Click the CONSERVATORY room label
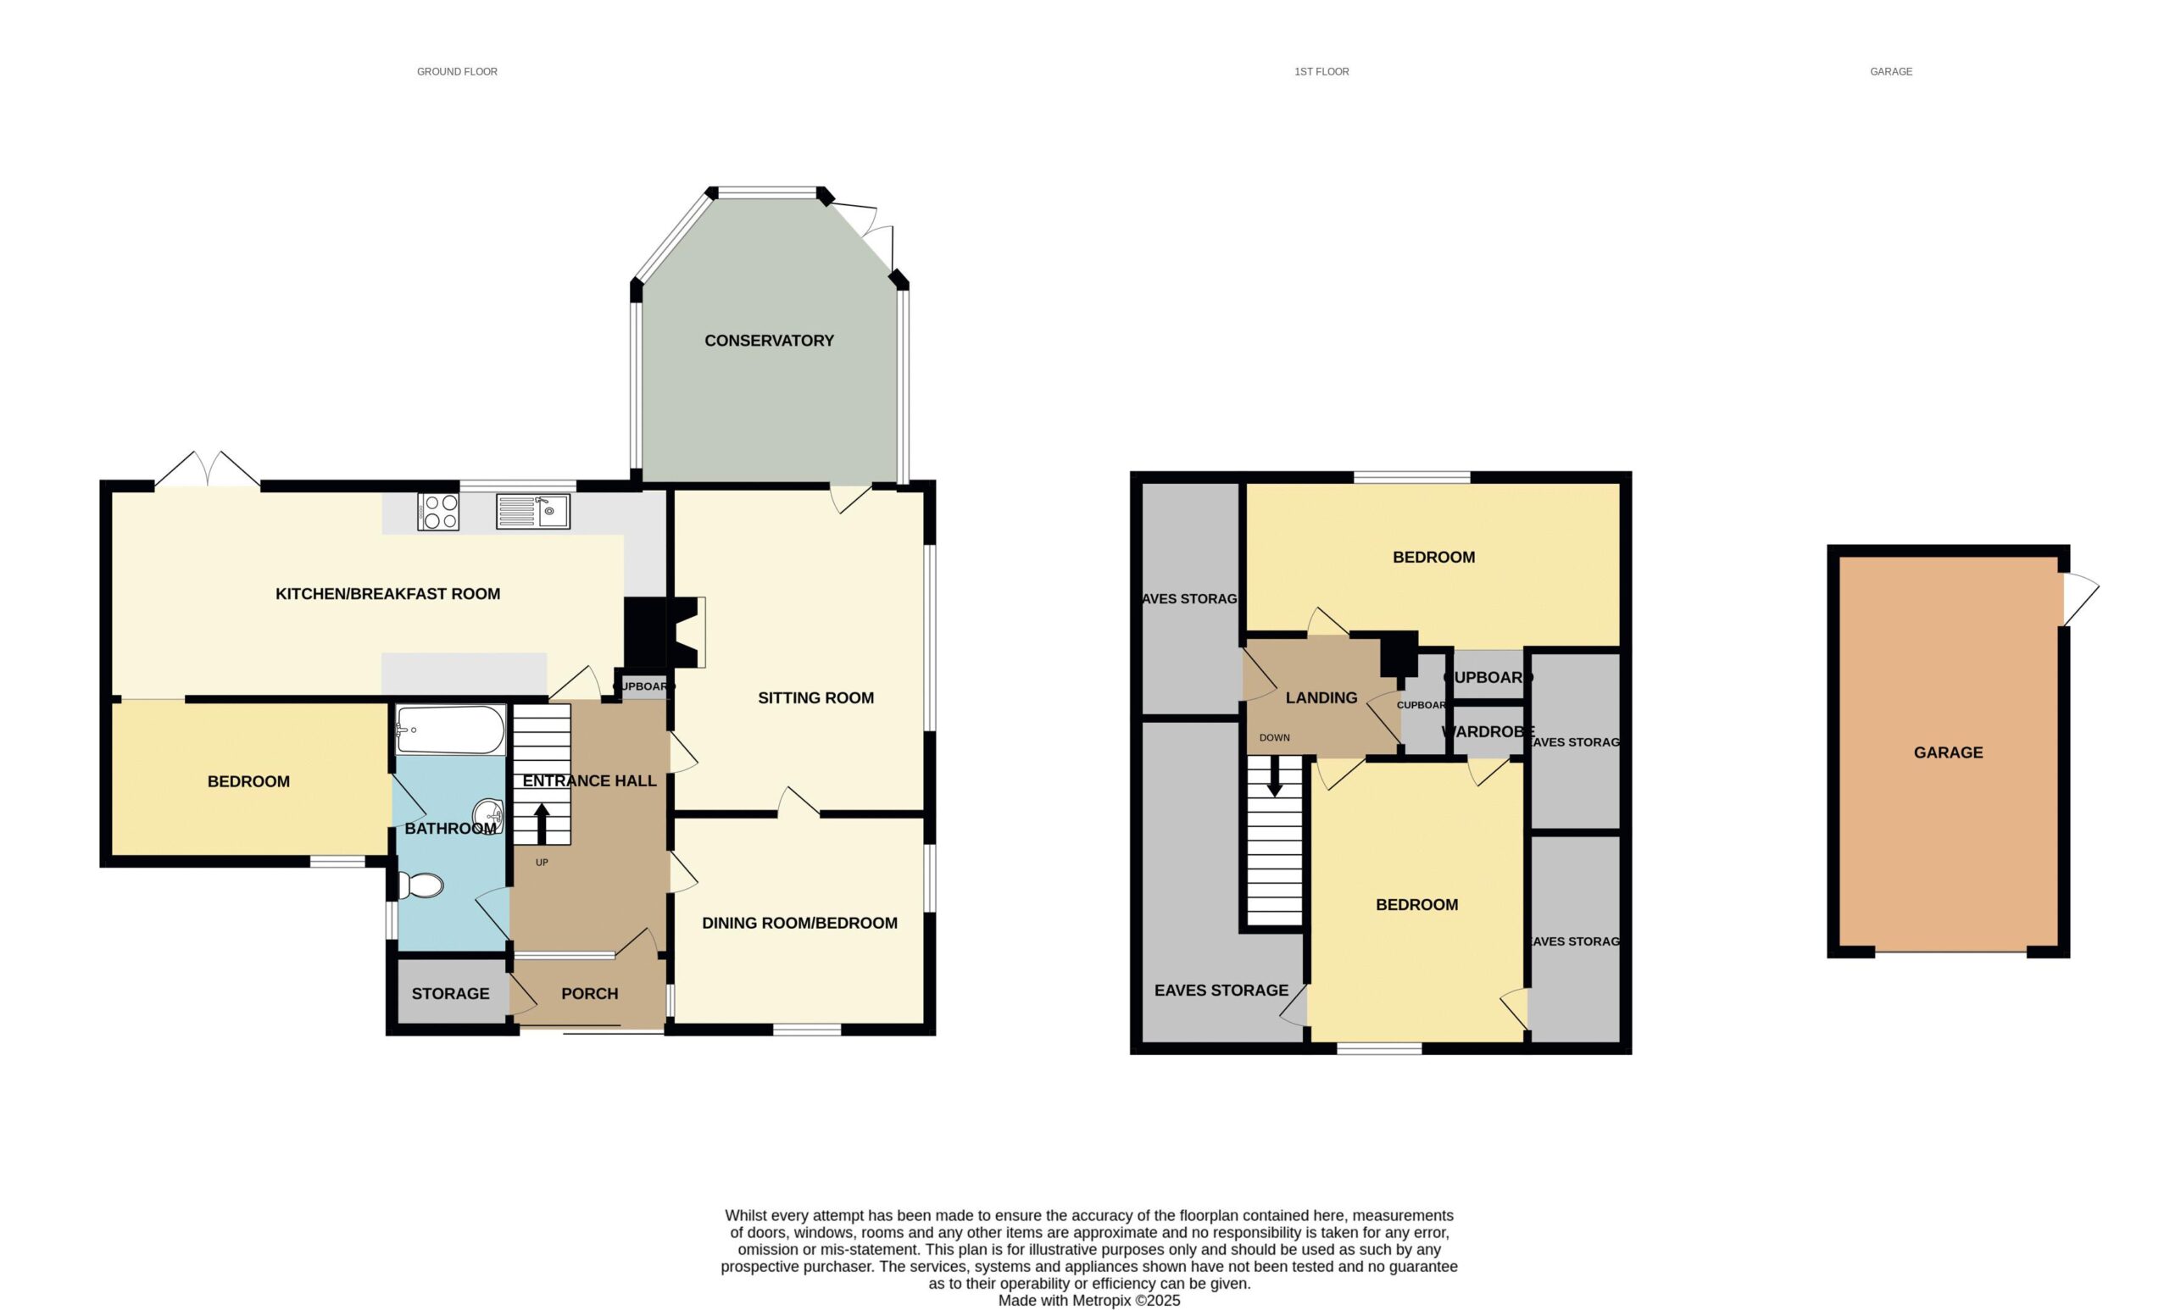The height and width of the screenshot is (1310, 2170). click(x=769, y=341)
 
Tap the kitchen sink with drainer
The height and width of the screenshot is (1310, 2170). click(x=533, y=512)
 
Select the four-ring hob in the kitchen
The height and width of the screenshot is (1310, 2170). click(x=438, y=512)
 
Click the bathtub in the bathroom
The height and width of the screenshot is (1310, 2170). click(x=451, y=730)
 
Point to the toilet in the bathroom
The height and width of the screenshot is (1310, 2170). click(x=420, y=885)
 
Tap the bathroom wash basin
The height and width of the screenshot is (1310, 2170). click(x=489, y=815)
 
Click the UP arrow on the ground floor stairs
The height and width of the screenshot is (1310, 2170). click(x=542, y=824)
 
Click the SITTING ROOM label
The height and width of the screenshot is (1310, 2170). click(x=815, y=698)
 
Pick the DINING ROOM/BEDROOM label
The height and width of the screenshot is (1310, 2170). click(x=799, y=923)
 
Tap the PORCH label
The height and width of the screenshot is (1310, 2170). click(x=589, y=993)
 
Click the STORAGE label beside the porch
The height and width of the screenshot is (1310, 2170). click(x=450, y=993)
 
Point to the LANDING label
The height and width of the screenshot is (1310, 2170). click(x=1321, y=698)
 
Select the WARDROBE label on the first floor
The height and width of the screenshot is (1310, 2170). click(x=1488, y=731)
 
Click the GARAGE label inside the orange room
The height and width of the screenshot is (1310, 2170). click(x=1948, y=752)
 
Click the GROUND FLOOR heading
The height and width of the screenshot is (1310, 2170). click(x=457, y=71)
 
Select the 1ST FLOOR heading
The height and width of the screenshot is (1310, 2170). click(x=1321, y=71)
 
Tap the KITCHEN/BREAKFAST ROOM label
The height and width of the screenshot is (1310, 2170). click(x=387, y=594)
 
